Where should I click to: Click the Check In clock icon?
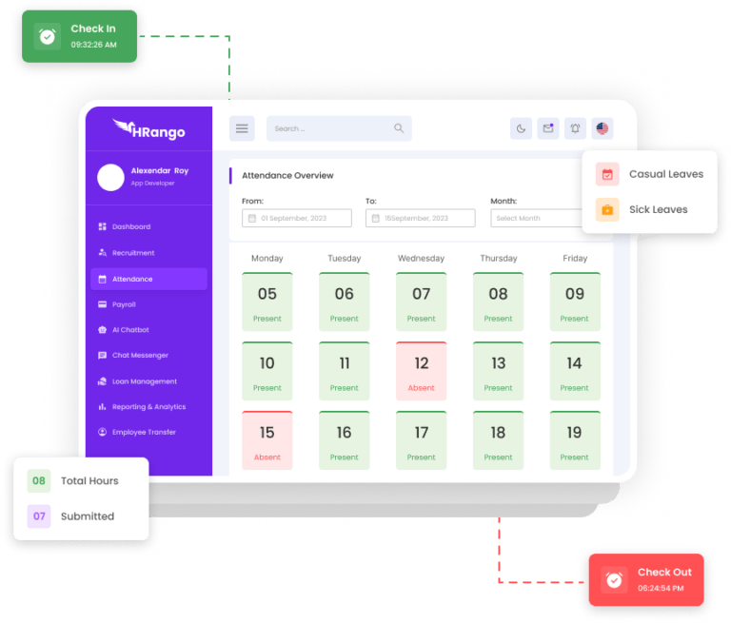47,36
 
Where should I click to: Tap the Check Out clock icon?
614,579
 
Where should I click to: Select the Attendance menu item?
148,279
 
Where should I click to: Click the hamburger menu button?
242,128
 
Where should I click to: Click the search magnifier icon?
399,128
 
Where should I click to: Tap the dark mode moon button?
521,128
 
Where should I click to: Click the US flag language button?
602,128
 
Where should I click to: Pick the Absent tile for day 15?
267,439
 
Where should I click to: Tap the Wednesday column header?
421,258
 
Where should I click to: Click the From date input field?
296,218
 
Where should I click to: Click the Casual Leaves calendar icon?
607,174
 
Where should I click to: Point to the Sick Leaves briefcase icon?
607,209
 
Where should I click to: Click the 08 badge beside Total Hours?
39,480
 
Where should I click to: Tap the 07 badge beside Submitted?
39,516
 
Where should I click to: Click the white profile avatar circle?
111,177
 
